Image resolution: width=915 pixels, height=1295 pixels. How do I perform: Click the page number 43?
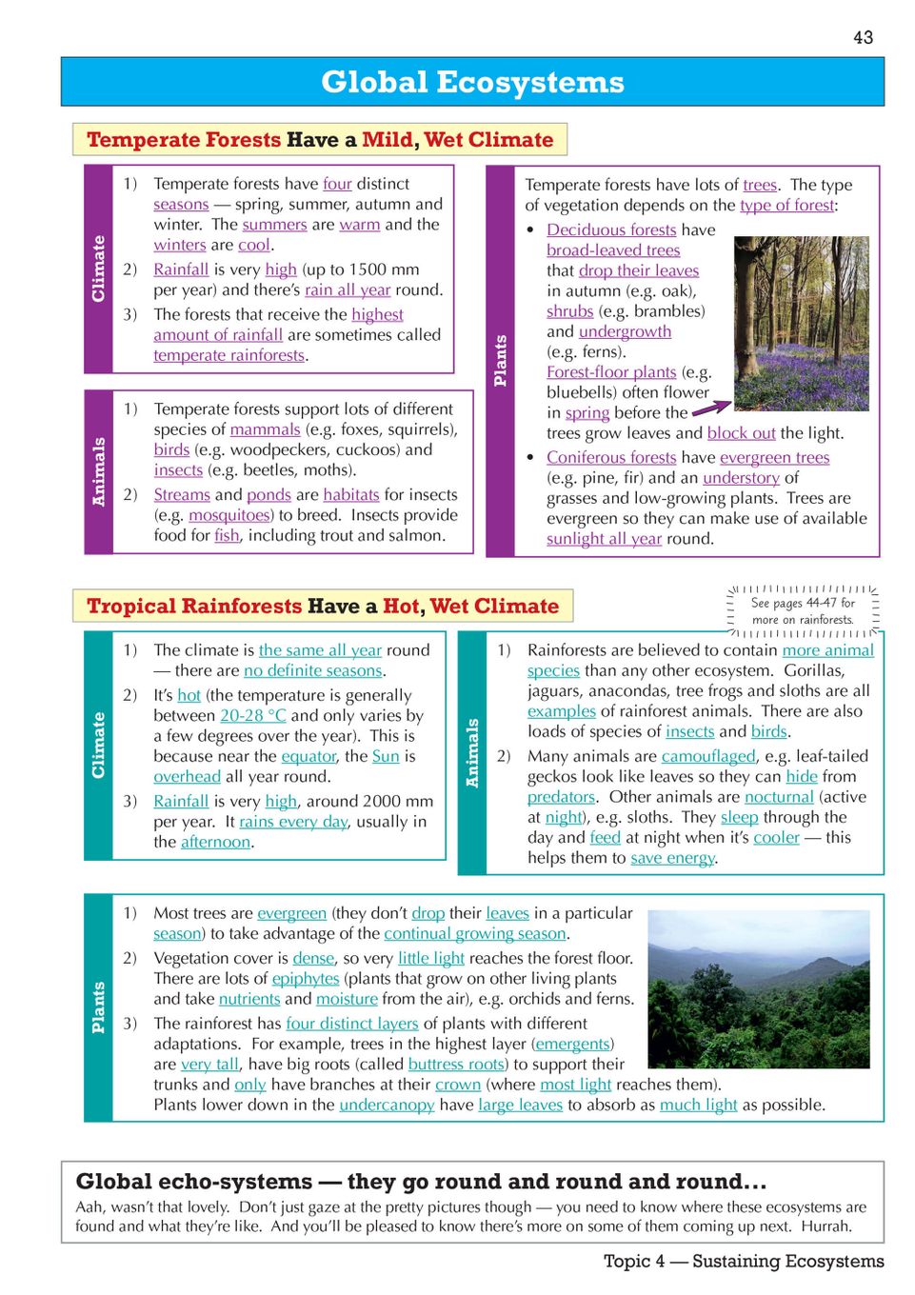point(863,37)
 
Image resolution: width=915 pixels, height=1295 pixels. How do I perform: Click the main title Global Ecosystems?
point(472,82)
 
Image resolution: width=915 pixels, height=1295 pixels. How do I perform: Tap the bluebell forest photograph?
point(801,323)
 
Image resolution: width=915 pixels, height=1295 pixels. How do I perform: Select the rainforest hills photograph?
point(758,987)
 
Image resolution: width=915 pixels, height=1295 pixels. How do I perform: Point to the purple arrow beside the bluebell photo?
point(710,408)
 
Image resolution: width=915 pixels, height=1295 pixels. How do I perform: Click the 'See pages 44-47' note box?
point(803,610)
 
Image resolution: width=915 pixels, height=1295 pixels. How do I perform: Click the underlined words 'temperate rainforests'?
point(229,355)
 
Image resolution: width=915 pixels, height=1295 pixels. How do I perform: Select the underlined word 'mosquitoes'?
point(229,515)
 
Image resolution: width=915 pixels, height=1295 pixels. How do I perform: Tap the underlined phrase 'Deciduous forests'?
point(611,229)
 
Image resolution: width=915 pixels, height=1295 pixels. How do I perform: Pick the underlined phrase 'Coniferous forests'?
point(611,457)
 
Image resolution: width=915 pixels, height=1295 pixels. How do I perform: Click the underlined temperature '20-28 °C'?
point(253,715)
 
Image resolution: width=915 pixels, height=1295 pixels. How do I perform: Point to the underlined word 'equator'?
point(308,756)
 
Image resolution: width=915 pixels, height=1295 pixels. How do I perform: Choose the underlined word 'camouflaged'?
point(708,756)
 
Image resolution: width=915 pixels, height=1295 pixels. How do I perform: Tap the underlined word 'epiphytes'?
point(306,978)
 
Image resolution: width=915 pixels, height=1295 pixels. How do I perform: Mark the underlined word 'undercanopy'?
point(387,1105)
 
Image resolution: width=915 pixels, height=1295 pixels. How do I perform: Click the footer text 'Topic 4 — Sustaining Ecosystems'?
point(744,1261)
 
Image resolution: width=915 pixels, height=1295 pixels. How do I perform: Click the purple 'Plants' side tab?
point(500,361)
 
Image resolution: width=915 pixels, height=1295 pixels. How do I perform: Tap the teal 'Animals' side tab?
point(472,752)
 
